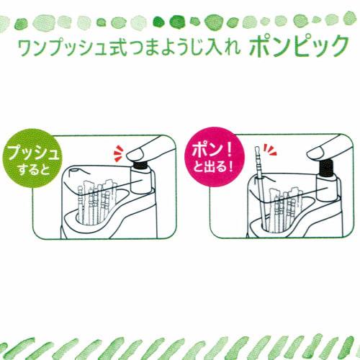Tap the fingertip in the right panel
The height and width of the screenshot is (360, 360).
(x=315, y=152)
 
